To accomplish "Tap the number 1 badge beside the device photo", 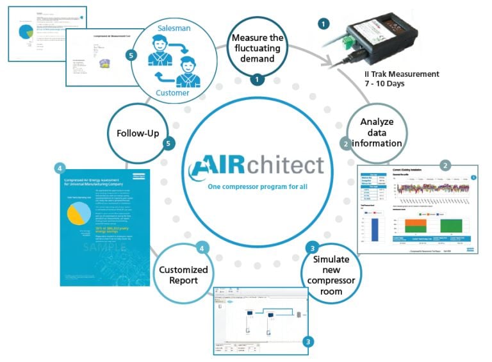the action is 324,24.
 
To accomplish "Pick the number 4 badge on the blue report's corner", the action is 60,169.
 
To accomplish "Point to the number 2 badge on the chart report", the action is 447,165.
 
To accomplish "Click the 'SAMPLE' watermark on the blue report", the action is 101,247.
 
